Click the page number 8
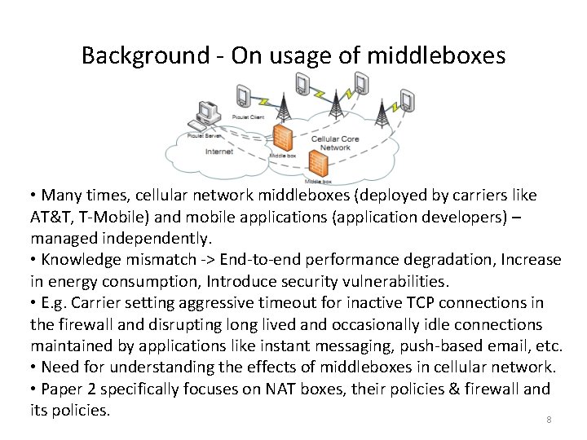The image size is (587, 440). (x=549, y=420)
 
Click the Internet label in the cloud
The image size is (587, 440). (x=219, y=152)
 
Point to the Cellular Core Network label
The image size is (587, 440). (x=335, y=143)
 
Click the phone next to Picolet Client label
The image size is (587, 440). (x=242, y=96)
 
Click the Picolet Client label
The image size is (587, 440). (x=249, y=117)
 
